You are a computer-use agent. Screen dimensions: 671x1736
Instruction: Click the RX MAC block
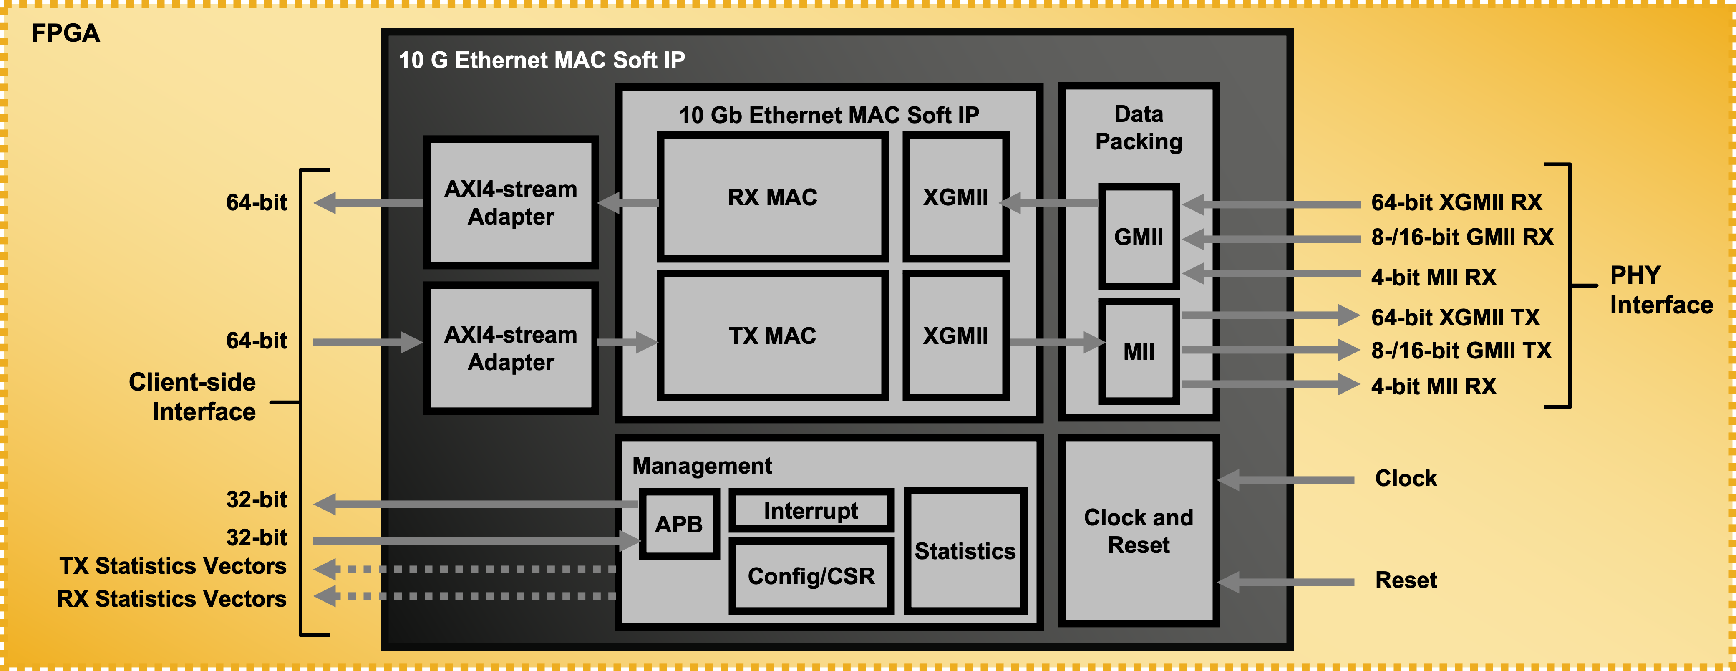pyautogui.click(x=772, y=197)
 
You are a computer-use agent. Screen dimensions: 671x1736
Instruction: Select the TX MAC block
pyautogui.click(x=772, y=336)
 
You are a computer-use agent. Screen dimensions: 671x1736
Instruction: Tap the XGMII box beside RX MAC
pyautogui.click(x=955, y=197)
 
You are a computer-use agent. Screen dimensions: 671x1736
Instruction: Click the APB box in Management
pyautogui.click(x=679, y=524)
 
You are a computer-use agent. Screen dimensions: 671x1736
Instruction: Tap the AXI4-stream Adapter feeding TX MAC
pyautogui.click(x=511, y=348)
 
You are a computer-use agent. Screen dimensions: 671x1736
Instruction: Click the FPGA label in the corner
pyautogui.click(x=66, y=33)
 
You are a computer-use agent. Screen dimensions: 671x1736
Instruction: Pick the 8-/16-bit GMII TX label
pyautogui.click(x=1461, y=351)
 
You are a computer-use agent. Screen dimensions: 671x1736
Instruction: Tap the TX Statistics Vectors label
pyautogui.click(x=173, y=566)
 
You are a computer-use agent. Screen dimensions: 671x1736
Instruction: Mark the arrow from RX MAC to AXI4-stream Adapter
pyautogui.click(x=627, y=203)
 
